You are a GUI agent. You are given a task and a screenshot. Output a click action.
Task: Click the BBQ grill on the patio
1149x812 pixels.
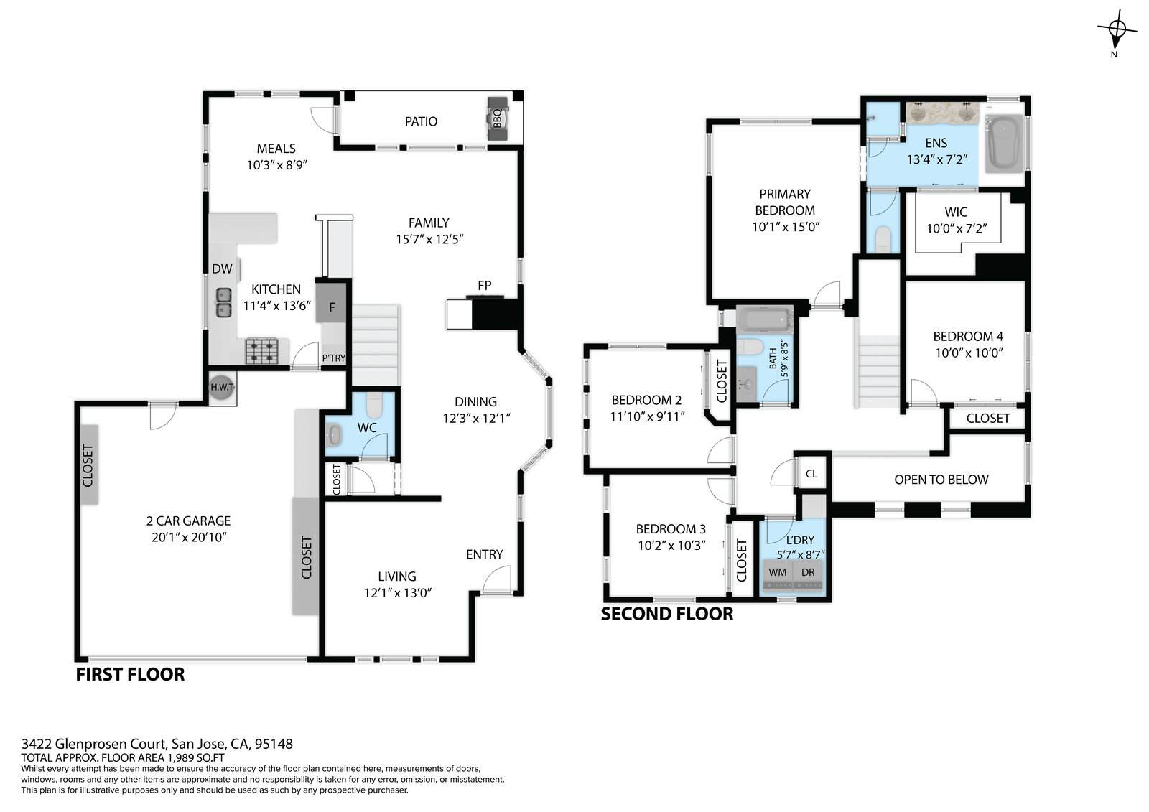click(497, 118)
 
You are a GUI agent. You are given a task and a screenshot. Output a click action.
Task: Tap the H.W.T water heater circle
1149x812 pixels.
click(222, 387)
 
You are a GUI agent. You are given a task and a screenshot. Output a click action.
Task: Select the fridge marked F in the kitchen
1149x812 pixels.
click(331, 303)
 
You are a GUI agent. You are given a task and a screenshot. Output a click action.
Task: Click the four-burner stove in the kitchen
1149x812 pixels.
click(261, 351)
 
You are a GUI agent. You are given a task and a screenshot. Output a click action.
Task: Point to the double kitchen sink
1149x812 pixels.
click(223, 303)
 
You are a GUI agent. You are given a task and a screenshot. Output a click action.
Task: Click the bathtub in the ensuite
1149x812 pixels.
click(1004, 143)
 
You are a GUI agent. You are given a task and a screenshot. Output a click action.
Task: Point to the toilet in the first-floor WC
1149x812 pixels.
click(374, 405)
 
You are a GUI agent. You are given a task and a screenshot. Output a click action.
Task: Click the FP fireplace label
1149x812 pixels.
click(484, 285)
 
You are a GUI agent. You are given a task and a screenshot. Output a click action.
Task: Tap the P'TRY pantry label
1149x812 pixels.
click(333, 358)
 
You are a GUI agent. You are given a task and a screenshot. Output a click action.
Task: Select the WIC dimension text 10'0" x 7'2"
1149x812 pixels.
click(956, 228)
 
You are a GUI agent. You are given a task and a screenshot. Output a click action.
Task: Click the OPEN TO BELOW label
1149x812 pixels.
click(941, 480)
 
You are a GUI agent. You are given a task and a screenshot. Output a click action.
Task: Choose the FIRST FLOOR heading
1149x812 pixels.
click(130, 675)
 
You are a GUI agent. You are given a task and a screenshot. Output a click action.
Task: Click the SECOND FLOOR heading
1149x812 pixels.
click(667, 614)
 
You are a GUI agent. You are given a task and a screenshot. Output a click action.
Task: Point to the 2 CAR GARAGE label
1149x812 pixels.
click(188, 521)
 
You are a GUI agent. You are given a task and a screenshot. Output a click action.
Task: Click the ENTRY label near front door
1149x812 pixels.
click(484, 554)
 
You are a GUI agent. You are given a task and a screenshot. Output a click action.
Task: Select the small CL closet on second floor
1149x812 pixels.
click(811, 473)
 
